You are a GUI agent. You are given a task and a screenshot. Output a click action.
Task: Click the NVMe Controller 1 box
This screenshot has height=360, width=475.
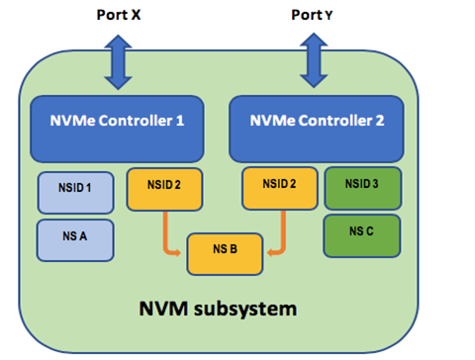click(116, 128)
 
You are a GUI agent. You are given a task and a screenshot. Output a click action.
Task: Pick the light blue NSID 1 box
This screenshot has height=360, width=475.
click(75, 191)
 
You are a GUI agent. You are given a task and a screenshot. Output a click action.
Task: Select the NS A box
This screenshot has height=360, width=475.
click(75, 238)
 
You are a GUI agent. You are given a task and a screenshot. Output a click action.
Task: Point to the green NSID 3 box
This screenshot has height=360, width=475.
click(362, 187)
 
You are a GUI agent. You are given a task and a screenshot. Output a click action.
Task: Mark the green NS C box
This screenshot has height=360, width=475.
click(362, 233)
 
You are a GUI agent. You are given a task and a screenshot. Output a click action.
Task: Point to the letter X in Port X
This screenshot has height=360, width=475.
click(137, 15)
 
